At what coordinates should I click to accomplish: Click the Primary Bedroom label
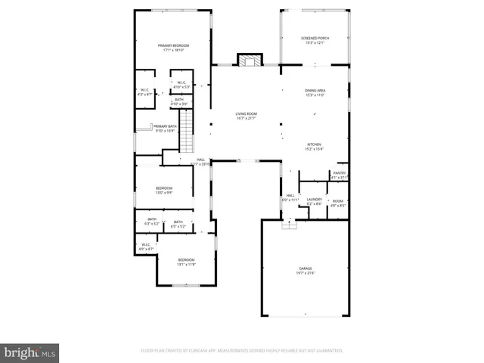point(173,48)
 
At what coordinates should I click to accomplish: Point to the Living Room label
point(246,116)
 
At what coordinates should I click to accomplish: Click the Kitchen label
point(314,146)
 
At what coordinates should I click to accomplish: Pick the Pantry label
point(339,175)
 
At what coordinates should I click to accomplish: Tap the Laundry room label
point(315,201)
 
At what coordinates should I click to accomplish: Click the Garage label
point(305,270)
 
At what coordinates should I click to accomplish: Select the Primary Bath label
point(166,129)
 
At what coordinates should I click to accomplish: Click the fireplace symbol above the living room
point(249,60)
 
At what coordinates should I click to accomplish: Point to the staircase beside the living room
point(187,129)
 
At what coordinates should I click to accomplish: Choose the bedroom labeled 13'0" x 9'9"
point(164,190)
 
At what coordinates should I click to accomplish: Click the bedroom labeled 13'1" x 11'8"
point(186,262)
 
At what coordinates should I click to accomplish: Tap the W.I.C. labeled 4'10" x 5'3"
point(182,85)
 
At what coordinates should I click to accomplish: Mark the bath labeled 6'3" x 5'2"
point(152,222)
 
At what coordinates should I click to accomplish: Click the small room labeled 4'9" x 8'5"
point(338,203)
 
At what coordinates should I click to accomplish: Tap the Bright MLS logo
point(29,352)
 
